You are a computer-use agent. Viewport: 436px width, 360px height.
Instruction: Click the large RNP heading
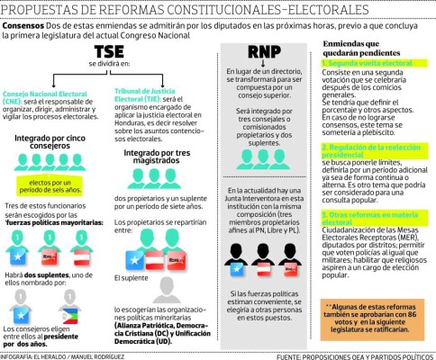pos(263,51)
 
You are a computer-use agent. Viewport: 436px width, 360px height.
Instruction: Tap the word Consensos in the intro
pos(28,25)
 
